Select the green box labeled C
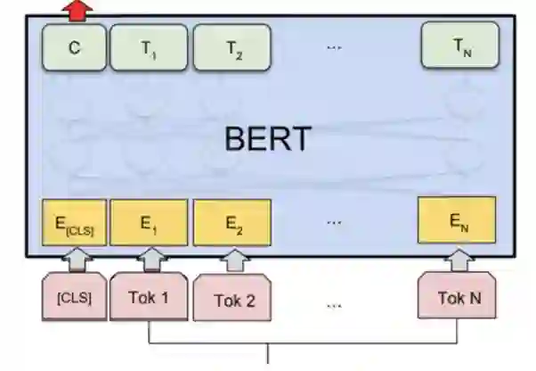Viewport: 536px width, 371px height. tap(74, 47)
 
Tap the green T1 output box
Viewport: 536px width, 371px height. tap(149, 47)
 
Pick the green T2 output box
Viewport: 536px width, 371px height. tap(234, 47)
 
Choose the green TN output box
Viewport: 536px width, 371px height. tap(459, 47)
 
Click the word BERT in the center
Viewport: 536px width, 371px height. tap(268, 138)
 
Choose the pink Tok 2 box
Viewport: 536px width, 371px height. tap(234, 300)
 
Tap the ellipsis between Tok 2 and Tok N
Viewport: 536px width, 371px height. tap(334, 305)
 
